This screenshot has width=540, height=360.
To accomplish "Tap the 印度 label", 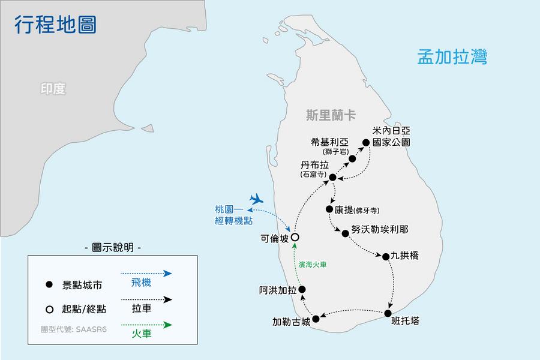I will (x=53, y=89).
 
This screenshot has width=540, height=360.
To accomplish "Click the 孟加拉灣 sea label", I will (x=452, y=57).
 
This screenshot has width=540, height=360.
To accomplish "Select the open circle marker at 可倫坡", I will (x=295, y=237).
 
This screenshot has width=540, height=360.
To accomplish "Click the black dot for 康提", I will (x=329, y=209).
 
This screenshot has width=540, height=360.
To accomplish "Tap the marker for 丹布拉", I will (x=332, y=177).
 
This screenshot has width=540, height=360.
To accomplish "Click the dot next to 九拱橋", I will (x=386, y=256).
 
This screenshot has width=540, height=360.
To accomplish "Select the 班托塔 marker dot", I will (x=388, y=313).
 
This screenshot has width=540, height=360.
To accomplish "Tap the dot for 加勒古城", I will (x=316, y=319).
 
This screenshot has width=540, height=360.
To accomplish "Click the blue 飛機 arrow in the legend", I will (x=149, y=273).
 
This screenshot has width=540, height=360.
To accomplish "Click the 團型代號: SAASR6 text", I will (x=74, y=329).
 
